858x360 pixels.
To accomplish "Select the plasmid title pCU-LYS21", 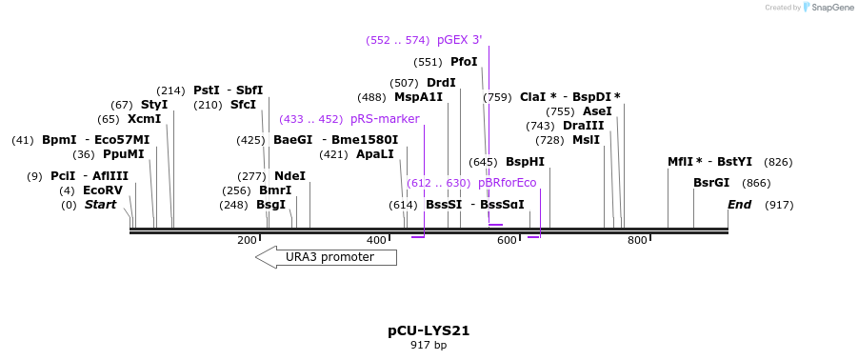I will tap(429, 330).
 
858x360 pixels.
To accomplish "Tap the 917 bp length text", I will tap(429, 345).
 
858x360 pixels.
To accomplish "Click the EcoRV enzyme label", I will tap(103, 190).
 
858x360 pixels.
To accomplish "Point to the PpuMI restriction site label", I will tap(124, 154).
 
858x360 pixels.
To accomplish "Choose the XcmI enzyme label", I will tap(144, 119).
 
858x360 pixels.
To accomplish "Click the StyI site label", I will tap(154, 105).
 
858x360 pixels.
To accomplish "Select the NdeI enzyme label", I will tap(289, 176).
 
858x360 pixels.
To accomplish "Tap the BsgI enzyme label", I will tap(271, 205).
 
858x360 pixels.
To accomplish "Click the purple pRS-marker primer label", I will tap(385, 119).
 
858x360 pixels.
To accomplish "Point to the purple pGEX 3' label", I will tap(459, 40).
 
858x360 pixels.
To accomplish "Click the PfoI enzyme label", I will tap(464, 62).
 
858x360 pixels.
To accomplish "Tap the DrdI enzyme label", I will tap(441, 83).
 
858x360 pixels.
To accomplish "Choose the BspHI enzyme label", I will tap(525, 162).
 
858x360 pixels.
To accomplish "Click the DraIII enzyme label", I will tap(583, 126).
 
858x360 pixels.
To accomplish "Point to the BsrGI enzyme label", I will tap(711, 183).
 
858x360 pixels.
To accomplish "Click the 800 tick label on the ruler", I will tap(637, 240).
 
